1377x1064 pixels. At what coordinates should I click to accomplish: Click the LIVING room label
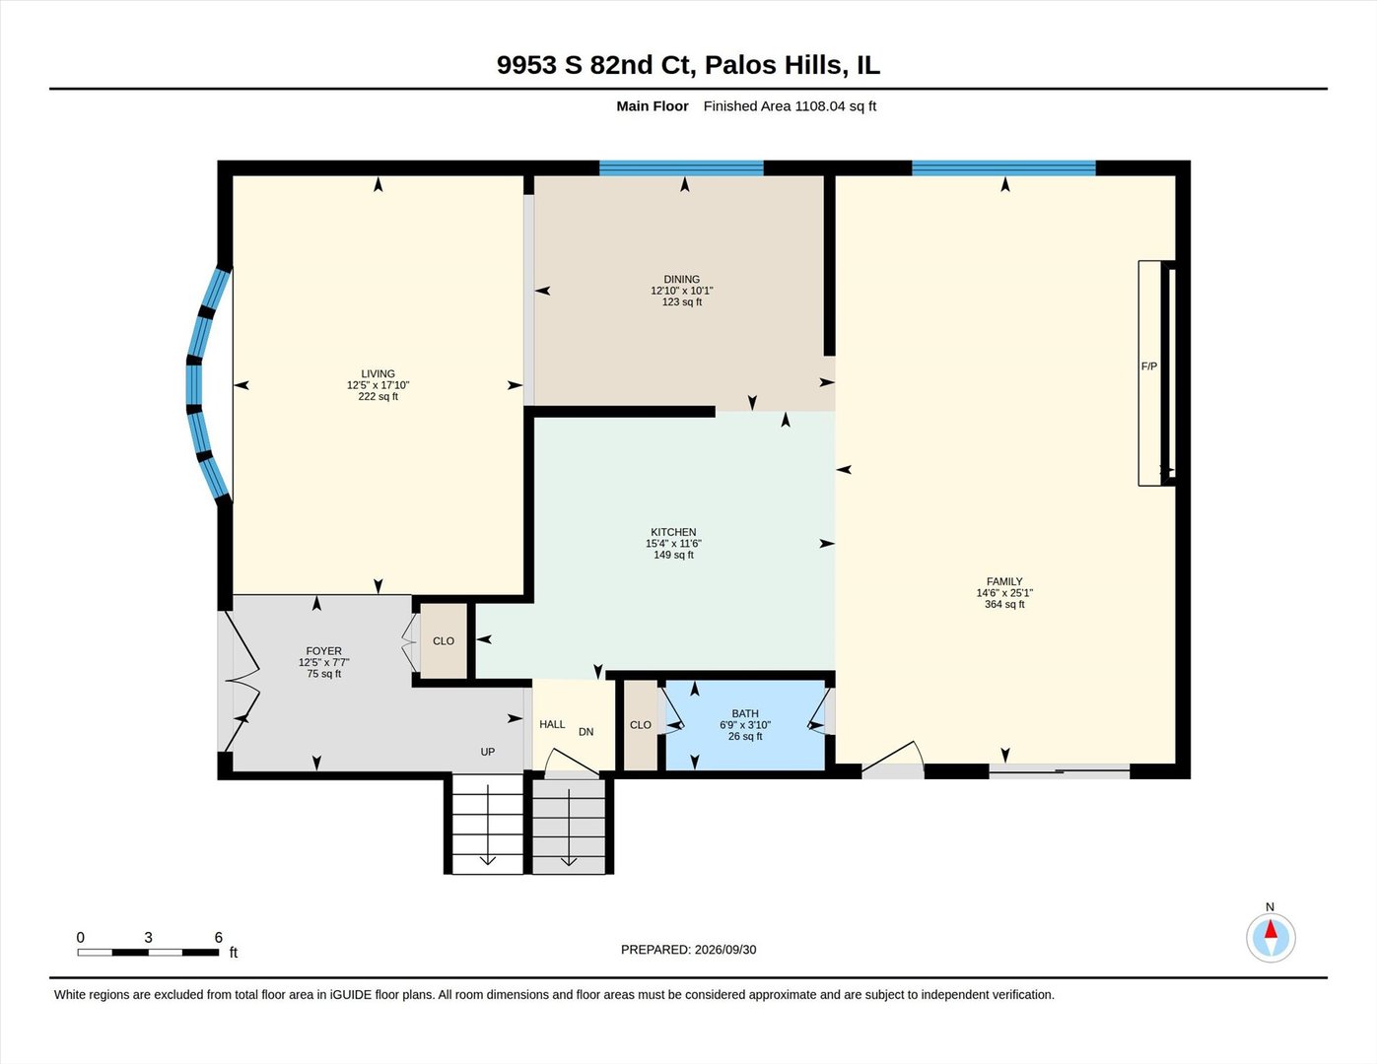click(x=378, y=373)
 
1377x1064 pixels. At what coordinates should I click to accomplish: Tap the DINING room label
click(x=681, y=280)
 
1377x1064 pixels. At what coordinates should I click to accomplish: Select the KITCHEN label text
click(x=673, y=532)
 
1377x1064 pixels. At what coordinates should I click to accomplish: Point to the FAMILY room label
click(x=1003, y=581)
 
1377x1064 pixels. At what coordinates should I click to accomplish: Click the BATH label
click(x=744, y=713)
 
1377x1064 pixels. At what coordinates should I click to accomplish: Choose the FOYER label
click(x=323, y=651)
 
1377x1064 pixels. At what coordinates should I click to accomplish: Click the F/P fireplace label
click(x=1148, y=366)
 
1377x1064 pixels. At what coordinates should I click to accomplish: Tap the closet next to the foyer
click(x=444, y=641)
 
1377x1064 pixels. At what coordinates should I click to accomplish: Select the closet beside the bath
click(x=641, y=725)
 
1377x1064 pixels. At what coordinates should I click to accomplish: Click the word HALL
click(x=552, y=724)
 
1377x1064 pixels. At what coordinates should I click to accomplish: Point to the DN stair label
click(x=585, y=732)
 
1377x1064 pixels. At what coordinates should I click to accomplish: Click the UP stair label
click(x=487, y=752)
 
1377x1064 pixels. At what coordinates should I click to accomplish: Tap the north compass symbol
click(x=1270, y=937)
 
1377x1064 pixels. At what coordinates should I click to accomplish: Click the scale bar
click(x=148, y=953)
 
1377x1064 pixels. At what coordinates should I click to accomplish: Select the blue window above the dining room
click(x=681, y=167)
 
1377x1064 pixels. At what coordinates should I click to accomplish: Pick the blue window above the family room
click(x=1003, y=167)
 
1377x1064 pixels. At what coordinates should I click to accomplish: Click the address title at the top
click(x=688, y=65)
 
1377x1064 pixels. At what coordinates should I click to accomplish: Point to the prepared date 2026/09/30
click(x=724, y=950)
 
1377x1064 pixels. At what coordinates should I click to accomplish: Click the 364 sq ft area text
click(x=1003, y=604)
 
